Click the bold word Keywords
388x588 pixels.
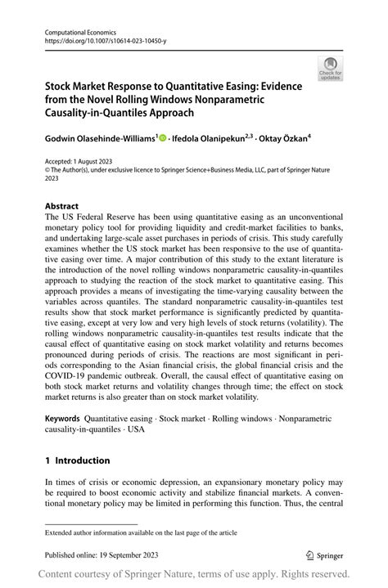pyautogui.click(x=62, y=418)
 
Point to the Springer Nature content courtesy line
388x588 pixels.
pyautogui.click(x=194, y=573)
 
